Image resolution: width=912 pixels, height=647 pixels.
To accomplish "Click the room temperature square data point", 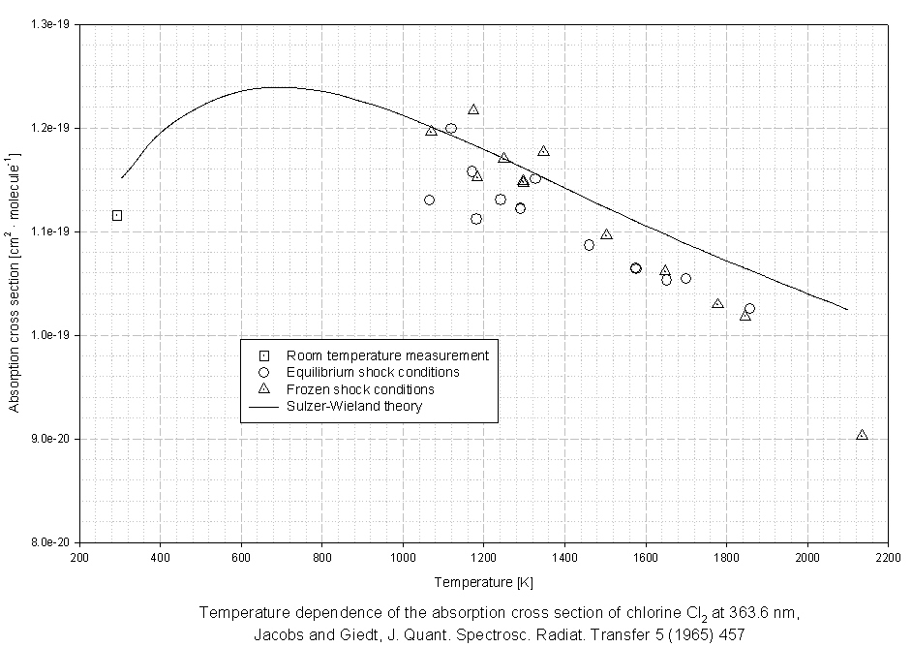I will (117, 216).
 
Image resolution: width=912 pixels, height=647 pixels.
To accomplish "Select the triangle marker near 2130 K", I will (862, 436).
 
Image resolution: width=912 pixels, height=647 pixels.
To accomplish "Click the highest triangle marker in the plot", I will (473, 109).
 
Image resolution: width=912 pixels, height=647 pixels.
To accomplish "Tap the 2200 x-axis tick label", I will (888, 558).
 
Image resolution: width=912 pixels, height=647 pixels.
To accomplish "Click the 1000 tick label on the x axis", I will (403, 558).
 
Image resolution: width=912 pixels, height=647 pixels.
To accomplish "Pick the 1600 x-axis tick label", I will (646, 558).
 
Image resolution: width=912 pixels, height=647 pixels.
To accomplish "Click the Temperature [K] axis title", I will (484, 582).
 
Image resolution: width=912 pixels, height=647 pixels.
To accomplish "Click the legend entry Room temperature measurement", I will (387, 355).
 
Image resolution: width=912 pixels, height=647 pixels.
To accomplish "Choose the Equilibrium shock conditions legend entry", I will (372, 372).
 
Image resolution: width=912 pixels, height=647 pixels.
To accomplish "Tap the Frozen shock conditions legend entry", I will (359, 389).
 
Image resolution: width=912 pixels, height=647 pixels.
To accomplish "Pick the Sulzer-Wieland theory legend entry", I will (353, 406).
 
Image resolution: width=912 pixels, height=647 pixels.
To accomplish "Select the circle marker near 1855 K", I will (749, 309).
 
